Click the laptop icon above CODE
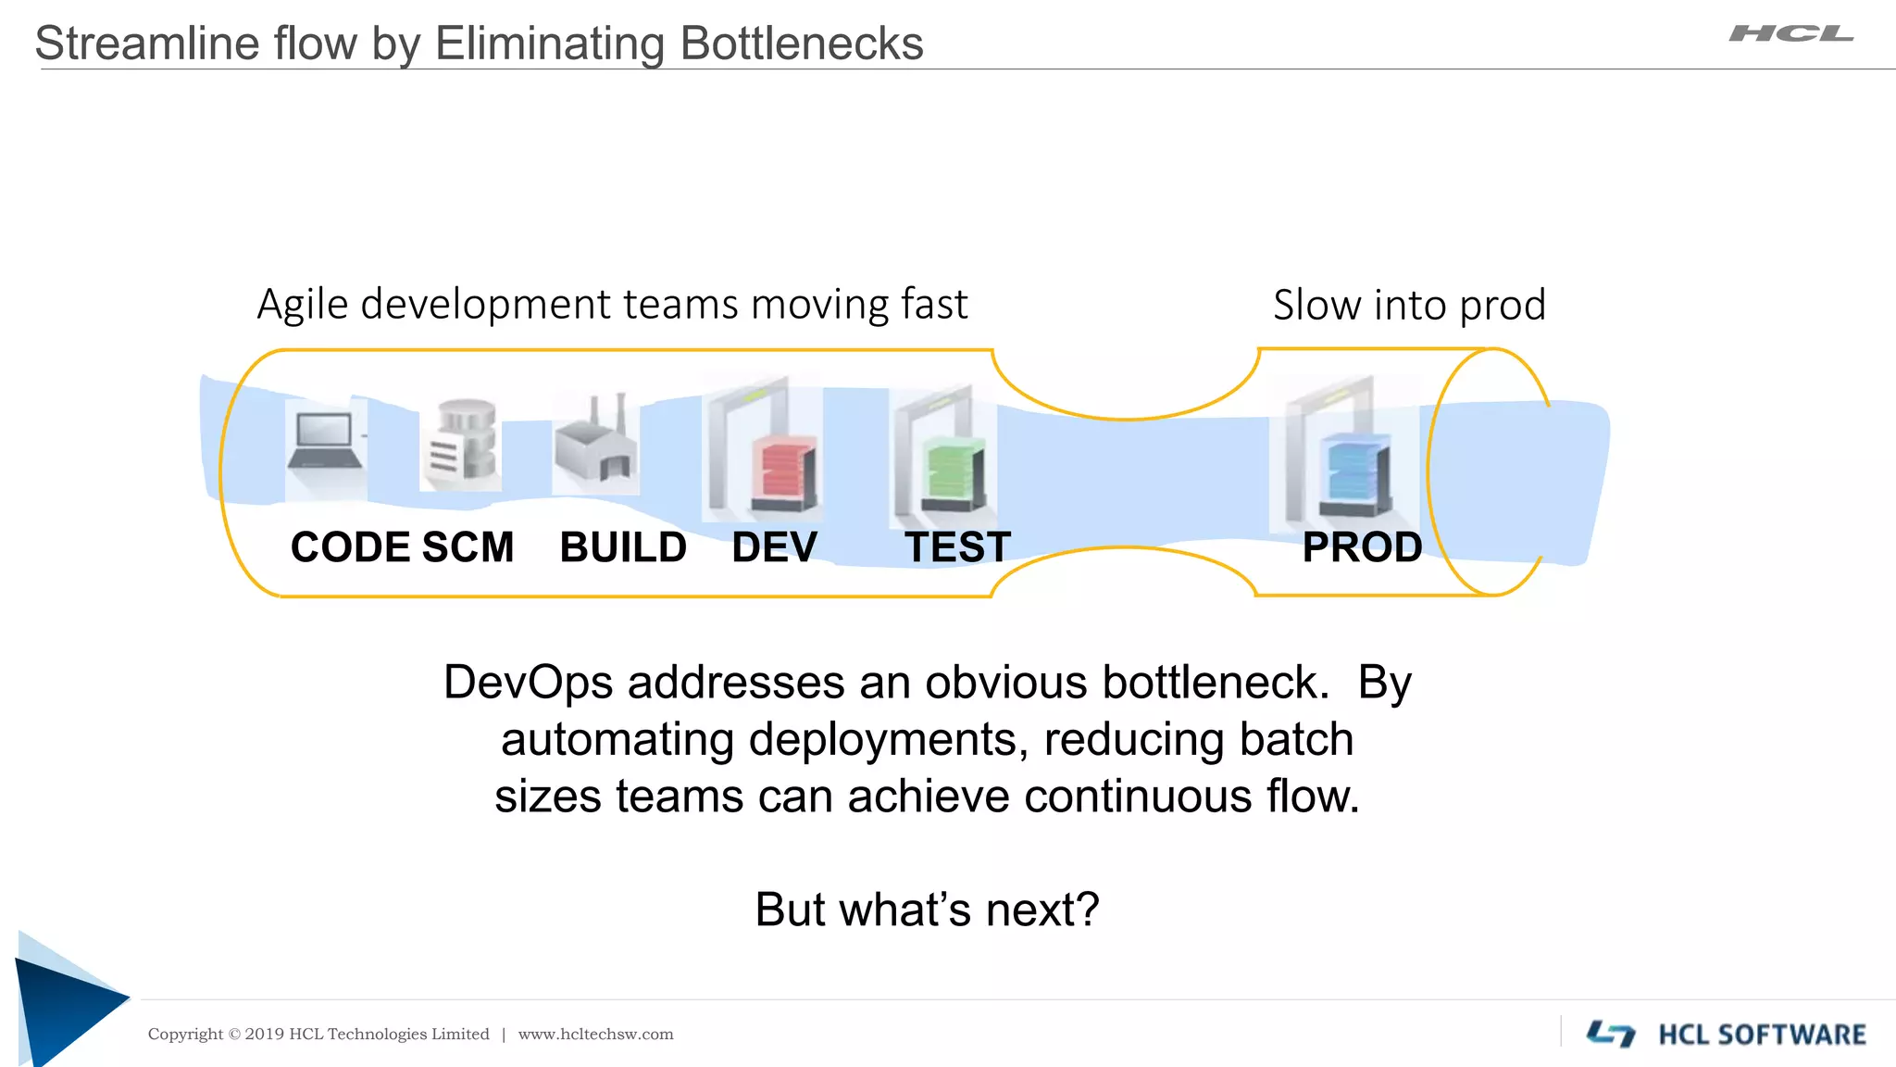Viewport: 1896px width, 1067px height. tap(324, 443)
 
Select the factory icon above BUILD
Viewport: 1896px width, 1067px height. tap(596, 443)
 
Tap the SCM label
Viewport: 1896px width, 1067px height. tap(468, 547)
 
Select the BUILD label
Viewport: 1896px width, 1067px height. tap(623, 547)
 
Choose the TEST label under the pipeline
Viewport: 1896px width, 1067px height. tap(957, 547)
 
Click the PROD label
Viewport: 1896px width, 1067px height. tap(1362, 547)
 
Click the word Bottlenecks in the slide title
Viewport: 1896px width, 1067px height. tap(801, 44)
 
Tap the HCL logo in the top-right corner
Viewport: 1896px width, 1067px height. tap(1790, 34)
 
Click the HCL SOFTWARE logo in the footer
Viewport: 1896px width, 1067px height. tap(1727, 1034)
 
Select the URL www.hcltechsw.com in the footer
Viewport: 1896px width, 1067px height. tap(595, 1035)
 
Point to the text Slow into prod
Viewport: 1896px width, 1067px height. tap(1409, 305)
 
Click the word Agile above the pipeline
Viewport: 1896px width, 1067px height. tap(303, 305)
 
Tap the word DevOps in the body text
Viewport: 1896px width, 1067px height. tap(528, 683)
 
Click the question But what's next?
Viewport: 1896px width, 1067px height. tap(927, 910)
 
